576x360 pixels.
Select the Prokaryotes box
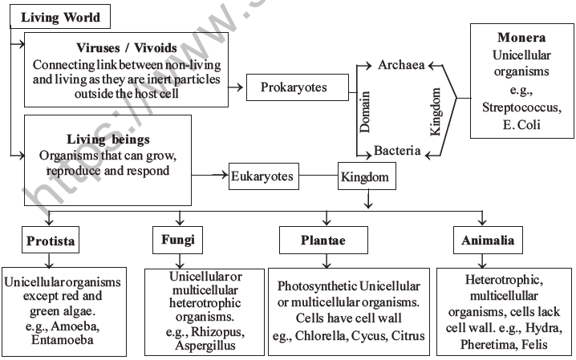point(294,87)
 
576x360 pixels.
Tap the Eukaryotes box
point(262,173)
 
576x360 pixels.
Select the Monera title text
point(521,38)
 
